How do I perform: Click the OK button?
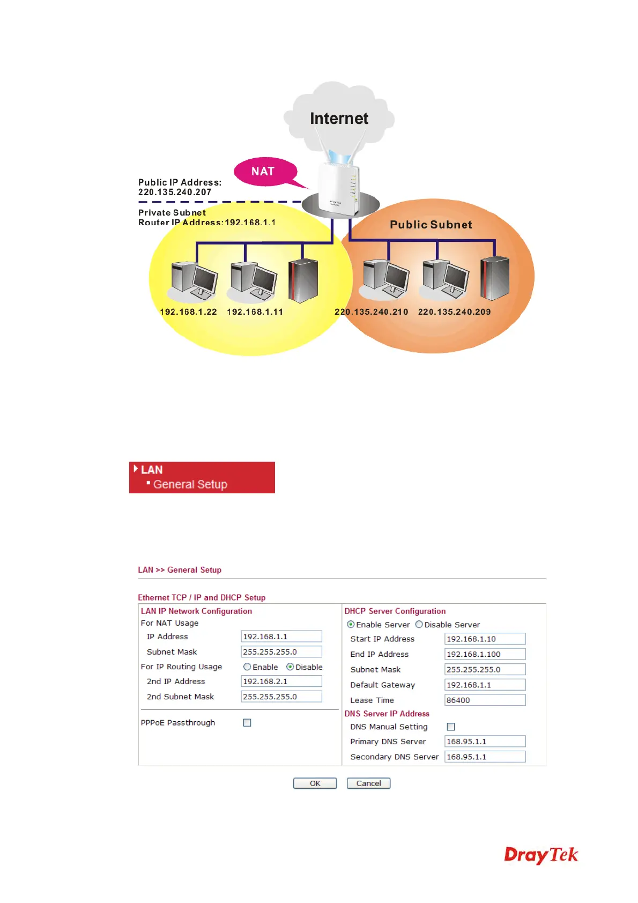click(x=315, y=783)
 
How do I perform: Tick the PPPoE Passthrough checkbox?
click(x=247, y=723)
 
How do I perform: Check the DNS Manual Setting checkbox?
click(x=451, y=727)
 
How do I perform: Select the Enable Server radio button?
click(x=351, y=625)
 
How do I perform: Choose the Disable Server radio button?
click(x=419, y=625)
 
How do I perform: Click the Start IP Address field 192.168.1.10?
click(x=485, y=639)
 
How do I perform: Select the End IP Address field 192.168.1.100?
click(x=485, y=654)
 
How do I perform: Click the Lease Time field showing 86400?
click(x=485, y=700)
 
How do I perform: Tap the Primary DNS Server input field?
click(x=485, y=742)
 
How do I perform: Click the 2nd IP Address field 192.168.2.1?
click(x=281, y=682)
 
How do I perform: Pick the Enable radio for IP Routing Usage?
click(x=247, y=667)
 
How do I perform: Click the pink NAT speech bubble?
click(x=265, y=172)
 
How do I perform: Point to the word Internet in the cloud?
click(x=339, y=119)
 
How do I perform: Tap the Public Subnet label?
click(x=431, y=225)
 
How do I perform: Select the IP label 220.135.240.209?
click(x=454, y=312)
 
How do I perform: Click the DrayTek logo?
click(x=540, y=855)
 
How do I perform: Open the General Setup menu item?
click(x=190, y=484)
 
